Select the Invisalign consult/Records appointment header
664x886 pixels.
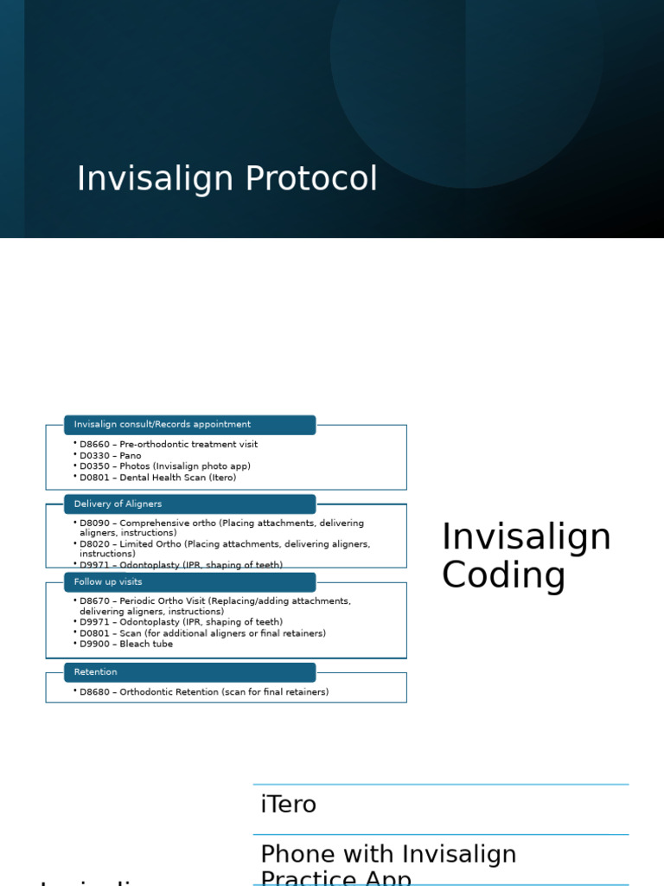189,425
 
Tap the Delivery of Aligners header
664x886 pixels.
189,504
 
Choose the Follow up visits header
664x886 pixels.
189,582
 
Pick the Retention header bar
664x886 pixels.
189,672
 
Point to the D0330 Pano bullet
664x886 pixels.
110,456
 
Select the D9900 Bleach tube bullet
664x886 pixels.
125,644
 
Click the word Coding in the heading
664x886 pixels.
503,576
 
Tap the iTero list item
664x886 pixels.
289,805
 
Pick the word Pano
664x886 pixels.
131,456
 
